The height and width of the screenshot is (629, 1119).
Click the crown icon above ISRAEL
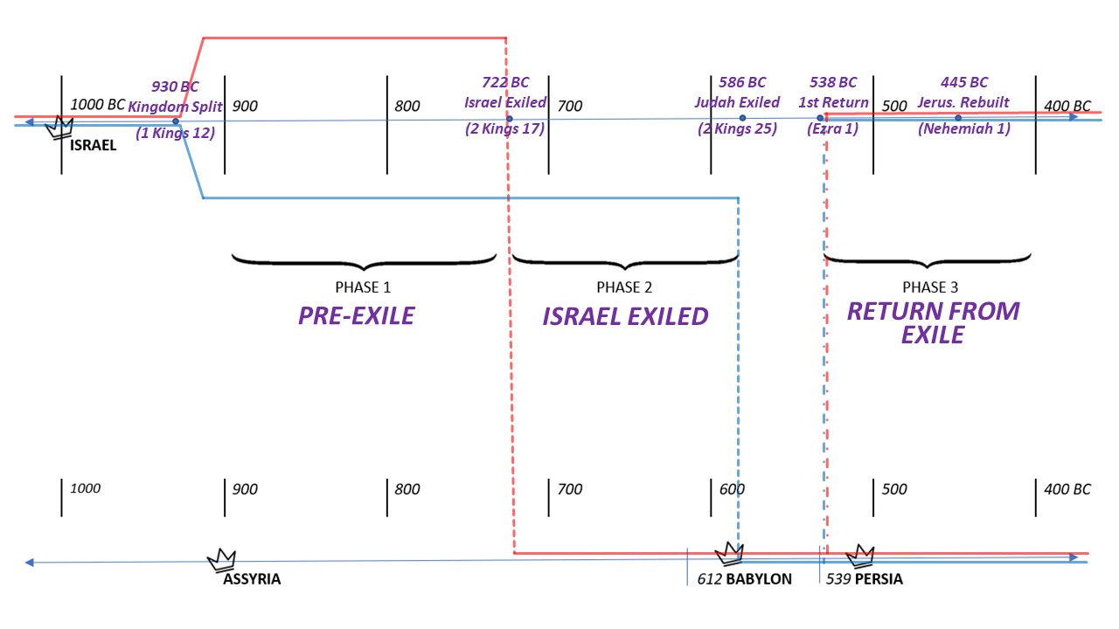coord(59,128)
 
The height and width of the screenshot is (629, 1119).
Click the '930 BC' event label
coord(175,86)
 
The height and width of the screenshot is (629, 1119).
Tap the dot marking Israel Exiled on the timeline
coord(510,119)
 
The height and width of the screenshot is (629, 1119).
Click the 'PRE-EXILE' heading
coord(356,315)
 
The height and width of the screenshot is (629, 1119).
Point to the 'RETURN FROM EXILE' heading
coord(933,322)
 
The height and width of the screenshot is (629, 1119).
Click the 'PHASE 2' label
coord(624,287)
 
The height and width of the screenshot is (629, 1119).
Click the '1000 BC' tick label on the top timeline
coord(97,105)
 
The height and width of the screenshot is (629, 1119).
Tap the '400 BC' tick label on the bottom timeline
coord(1067,489)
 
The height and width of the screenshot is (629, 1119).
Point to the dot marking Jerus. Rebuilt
coord(958,118)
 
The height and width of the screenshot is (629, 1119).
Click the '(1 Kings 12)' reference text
coord(175,134)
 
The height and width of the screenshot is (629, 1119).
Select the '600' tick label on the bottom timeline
coord(732,489)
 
